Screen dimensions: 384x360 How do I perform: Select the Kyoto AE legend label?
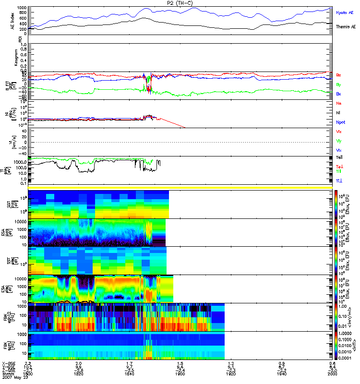coord(345,12)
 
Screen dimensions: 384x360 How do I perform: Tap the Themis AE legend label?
coord(346,27)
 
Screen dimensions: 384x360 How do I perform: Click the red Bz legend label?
coord(338,75)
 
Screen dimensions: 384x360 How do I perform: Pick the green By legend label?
coord(338,84)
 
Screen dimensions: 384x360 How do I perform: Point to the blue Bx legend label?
coord(338,94)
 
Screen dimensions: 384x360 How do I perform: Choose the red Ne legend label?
coord(339,103)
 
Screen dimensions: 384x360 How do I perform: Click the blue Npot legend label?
coord(341,122)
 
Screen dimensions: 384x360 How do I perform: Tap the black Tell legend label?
coord(339,157)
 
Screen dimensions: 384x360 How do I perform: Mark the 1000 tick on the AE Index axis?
coord(22,8)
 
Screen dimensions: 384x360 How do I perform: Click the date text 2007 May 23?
coord(14,378)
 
